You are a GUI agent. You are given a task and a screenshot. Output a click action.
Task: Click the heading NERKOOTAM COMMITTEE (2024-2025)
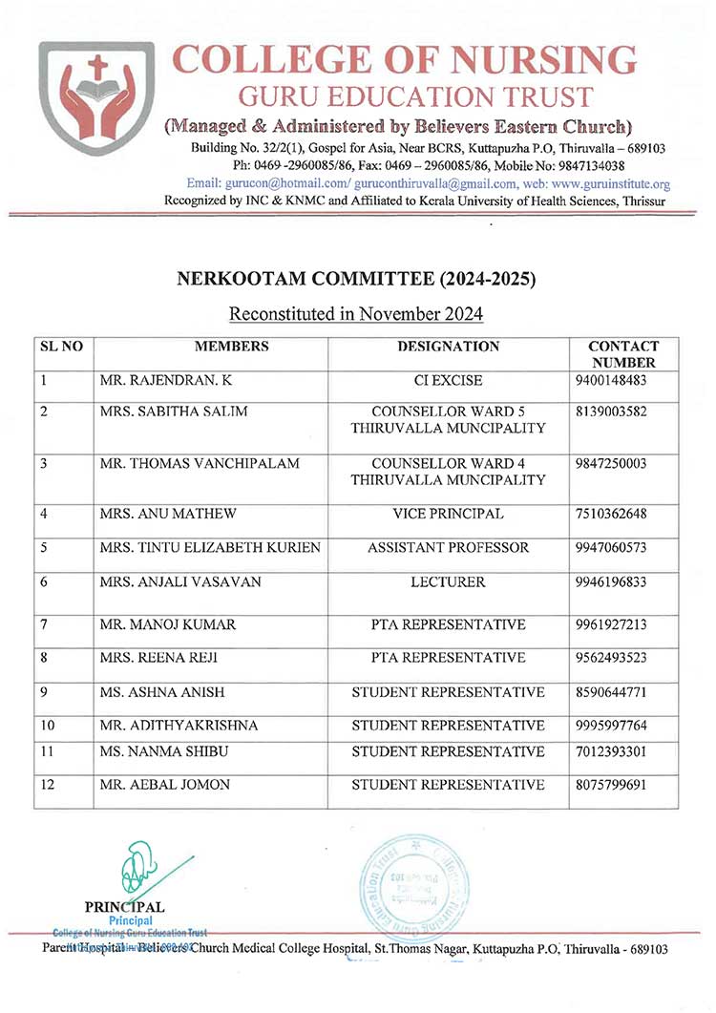coord(357,280)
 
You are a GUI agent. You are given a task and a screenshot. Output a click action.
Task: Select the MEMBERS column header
coord(231,347)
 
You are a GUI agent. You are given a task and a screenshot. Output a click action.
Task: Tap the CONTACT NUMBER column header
coord(623,354)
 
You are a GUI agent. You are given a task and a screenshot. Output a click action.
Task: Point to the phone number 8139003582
coord(611,412)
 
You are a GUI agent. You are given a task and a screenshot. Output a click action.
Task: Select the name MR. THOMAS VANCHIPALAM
coord(200,463)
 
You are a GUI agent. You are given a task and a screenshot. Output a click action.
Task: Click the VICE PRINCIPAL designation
coord(448,515)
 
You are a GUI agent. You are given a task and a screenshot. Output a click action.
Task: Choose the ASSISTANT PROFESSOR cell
coord(448,548)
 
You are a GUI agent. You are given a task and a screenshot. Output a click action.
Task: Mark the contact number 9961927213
coord(611,625)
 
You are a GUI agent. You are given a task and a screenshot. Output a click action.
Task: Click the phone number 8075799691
coord(611,785)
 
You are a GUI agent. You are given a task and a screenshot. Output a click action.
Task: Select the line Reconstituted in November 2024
coord(357,314)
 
